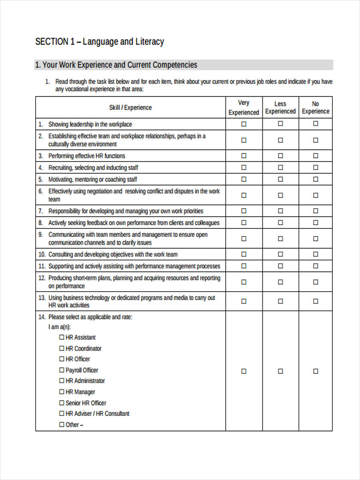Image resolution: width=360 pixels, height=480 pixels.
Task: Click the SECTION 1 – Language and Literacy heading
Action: click(100, 42)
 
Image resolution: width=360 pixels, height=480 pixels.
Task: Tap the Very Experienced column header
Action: click(244, 108)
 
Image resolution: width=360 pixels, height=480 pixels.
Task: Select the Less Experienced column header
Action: click(280, 108)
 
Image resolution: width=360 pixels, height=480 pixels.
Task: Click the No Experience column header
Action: click(315, 108)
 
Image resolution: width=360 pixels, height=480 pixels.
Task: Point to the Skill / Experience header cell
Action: click(130, 108)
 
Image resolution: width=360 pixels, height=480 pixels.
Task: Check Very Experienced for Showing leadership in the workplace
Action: click(244, 124)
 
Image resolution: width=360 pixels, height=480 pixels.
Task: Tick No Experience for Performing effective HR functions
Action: click(316, 156)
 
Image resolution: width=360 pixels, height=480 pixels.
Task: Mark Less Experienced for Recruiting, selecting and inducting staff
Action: click(280, 167)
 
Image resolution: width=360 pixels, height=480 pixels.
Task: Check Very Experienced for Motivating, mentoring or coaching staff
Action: click(244, 179)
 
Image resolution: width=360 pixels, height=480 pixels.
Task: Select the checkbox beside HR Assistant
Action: click(62, 337)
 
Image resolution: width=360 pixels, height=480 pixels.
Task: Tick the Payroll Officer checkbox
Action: click(62, 370)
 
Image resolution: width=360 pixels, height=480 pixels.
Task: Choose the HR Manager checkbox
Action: click(62, 392)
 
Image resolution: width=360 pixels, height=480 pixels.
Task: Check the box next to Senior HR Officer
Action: click(62, 403)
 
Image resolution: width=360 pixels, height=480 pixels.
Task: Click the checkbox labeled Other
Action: click(62, 425)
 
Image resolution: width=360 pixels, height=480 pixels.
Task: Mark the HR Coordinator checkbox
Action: click(62, 348)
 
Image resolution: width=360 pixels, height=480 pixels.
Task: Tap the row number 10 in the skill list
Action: click(42, 254)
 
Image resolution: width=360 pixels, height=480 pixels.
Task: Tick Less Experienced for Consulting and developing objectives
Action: click(280, 254)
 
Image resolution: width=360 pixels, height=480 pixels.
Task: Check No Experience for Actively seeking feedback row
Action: click(316, 222)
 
